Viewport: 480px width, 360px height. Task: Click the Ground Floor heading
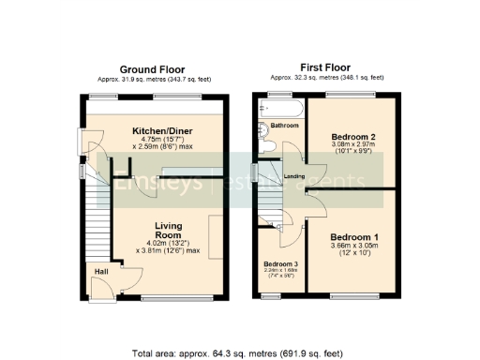point(151,69)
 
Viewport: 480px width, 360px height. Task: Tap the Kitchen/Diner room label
point(151,129)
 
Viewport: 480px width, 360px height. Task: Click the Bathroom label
point(283,125)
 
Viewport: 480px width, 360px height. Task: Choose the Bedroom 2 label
point(354,138)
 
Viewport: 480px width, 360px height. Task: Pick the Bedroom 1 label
point(354,237)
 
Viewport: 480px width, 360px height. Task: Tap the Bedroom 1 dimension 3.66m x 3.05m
point(354,246)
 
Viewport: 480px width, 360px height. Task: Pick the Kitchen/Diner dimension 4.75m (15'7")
point(151,139)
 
